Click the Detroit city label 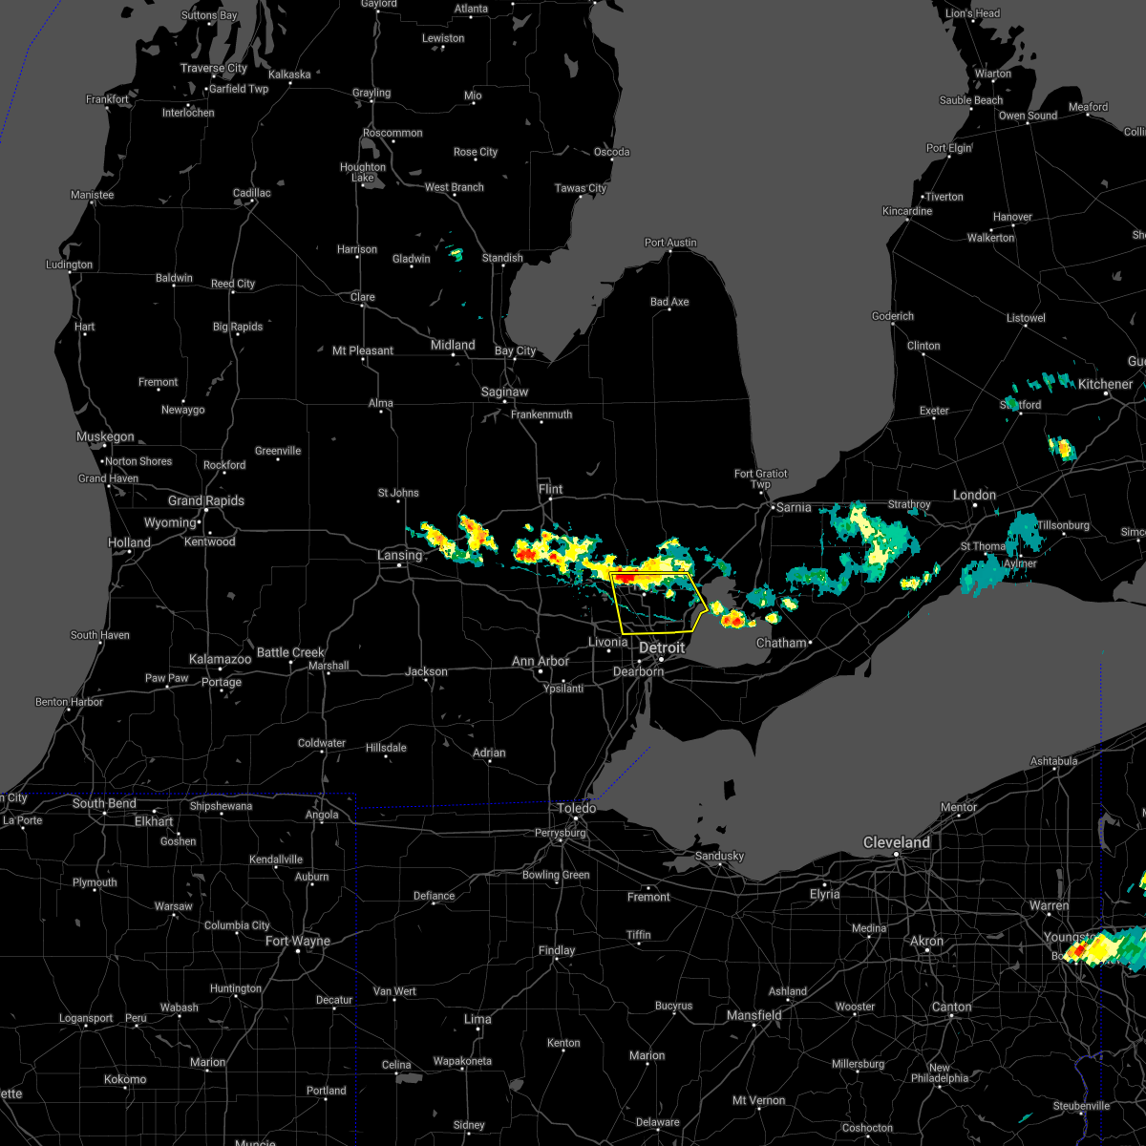662,647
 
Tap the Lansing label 399,555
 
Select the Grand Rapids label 206,500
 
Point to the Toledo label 577,808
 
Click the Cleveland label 897,842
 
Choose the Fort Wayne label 298,941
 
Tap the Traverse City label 214,68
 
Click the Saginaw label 504,392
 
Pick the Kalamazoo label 220,659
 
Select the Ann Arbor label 541,661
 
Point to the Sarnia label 794,507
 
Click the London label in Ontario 974,495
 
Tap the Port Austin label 670,243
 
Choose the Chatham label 781,643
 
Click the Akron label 926,941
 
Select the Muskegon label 105,436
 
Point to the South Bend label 104,803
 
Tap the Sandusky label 719,856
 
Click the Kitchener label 1105,384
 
